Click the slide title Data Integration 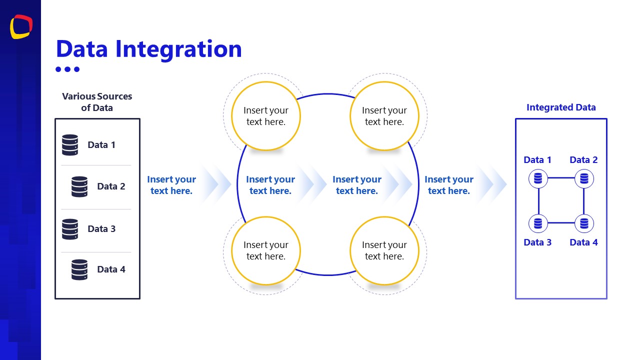pos(148,49)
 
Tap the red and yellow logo pos(21,26)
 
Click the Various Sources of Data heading pos(97,102)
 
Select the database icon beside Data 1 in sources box pos(70,145)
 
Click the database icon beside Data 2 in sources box pos(79,186)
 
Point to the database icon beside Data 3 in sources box pos(70,229)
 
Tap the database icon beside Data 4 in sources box pos(79,269)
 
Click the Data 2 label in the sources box pos(111,186)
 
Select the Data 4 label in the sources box pos(111,269)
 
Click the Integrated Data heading pos(561,107)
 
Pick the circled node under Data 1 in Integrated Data pos(538,178)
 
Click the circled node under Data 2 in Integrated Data pos(584,178)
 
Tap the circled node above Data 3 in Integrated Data pos(538,223)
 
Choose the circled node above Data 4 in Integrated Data pos(584,223)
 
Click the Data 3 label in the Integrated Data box pos(537,242)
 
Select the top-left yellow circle pos(266,116)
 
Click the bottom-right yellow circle pos(384,250)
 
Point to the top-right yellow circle pos(384,116)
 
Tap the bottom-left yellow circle pos(266,250)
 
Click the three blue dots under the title pos(67,69)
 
